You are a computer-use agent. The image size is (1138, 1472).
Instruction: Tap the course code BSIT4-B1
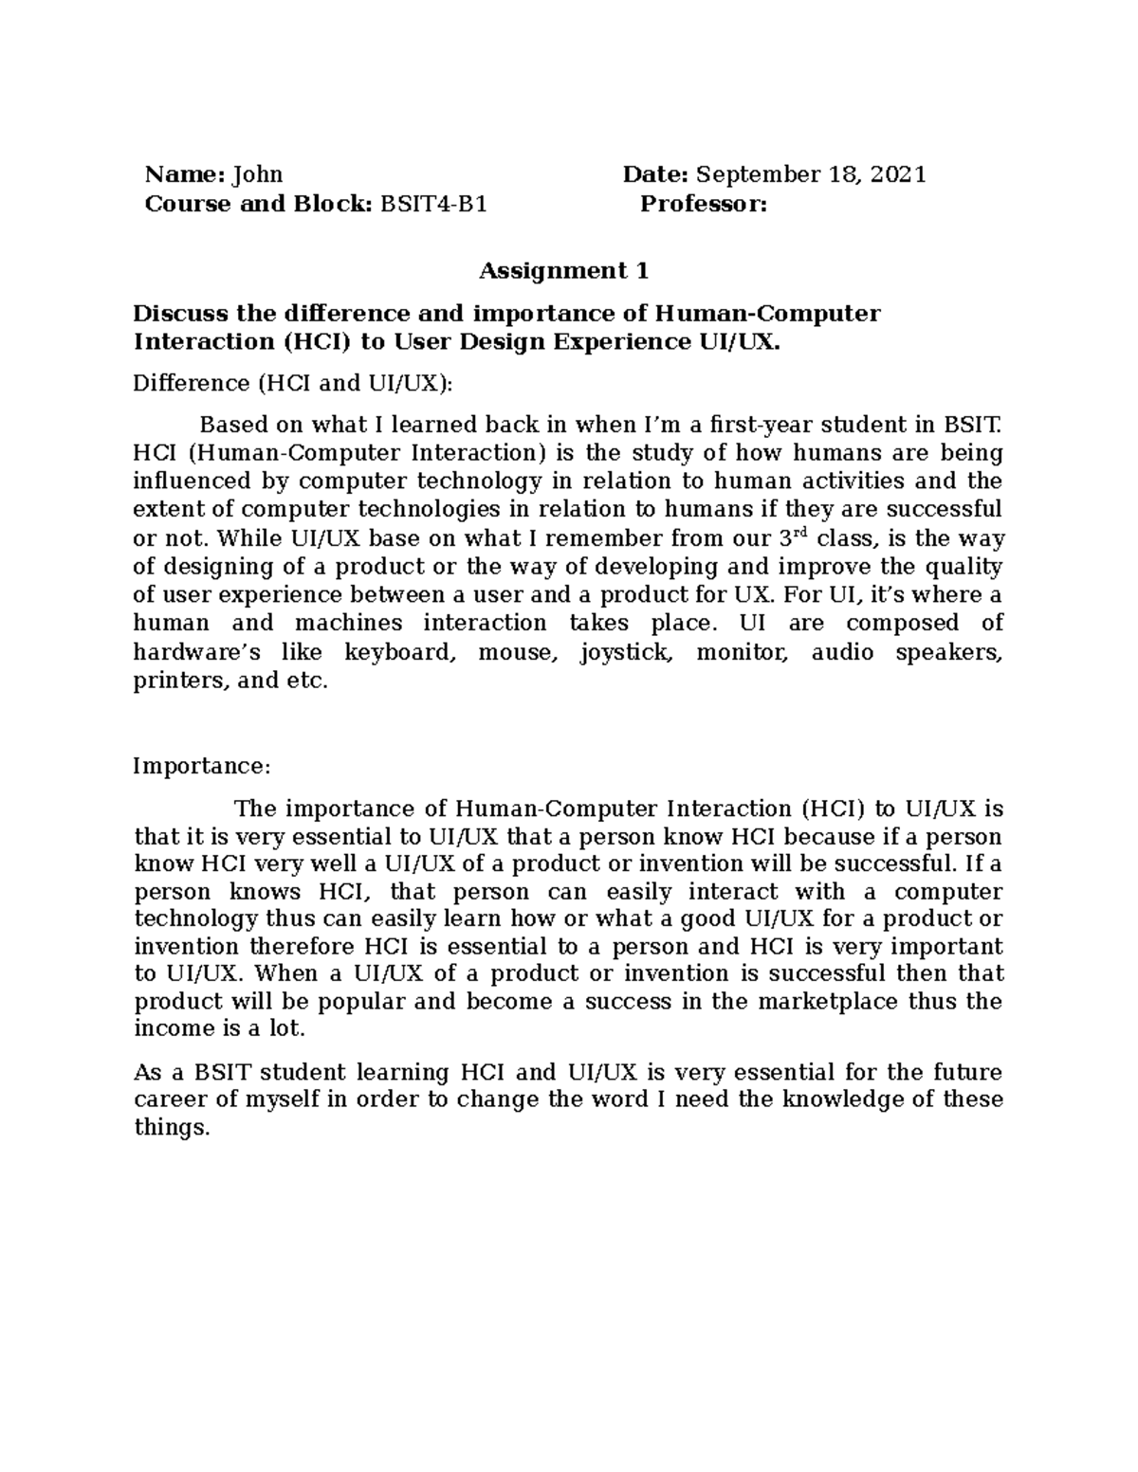(x=433, y=204)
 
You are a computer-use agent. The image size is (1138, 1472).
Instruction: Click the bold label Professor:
(x=704, y=204)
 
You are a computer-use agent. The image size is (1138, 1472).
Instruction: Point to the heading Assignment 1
(x=563, y=271)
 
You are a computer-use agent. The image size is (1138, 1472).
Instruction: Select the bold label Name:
(x=184, y=174)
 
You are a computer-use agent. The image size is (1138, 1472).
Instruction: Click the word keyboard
(x=398, y=652)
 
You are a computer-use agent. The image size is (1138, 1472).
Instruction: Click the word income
(x=171, y=1028)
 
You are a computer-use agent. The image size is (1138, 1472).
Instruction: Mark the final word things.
(x=170, y=1128)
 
